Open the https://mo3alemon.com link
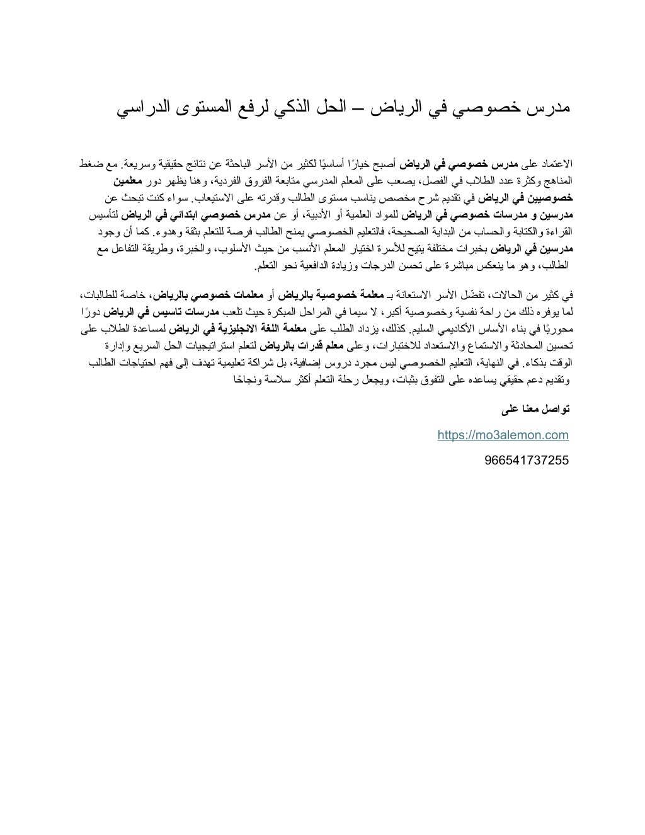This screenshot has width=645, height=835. [x=503, y=435]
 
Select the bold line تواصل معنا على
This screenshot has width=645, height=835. [x=535, y=410]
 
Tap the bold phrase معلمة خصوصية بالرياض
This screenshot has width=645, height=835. [x=337, y=294]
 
